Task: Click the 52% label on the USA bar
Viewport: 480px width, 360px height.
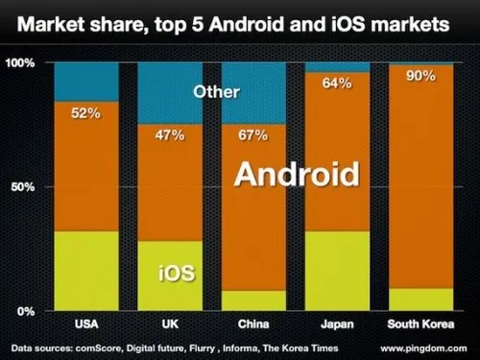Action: coord(85,113)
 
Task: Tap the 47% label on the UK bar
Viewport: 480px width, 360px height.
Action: coord(171,133)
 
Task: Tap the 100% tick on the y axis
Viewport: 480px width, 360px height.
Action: coord(21,62)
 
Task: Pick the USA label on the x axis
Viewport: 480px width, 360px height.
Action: coord(86,324)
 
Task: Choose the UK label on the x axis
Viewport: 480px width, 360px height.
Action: coord(171,324)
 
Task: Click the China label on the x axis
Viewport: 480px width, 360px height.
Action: coord(253,324)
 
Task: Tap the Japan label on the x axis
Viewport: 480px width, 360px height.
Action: coord(336,324)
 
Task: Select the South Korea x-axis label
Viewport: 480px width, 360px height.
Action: coord(420,324)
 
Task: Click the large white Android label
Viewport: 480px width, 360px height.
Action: coord(298,176)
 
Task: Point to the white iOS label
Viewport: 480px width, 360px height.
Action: coord(176,274)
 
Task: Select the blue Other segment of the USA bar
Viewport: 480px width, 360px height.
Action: coord(86,82)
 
